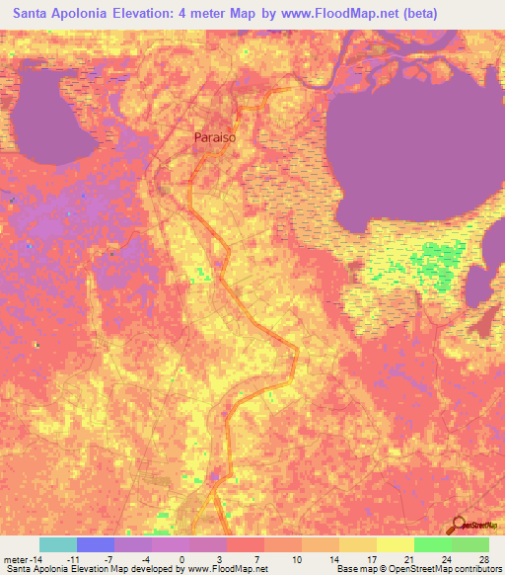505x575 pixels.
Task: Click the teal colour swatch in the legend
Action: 58,544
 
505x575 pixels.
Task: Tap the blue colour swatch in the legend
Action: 96,544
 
